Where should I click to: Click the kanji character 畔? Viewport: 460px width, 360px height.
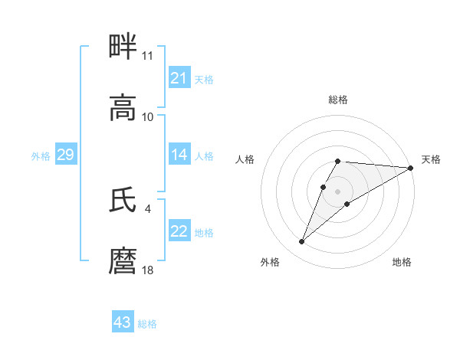pyautogui.click(x=123, y=47)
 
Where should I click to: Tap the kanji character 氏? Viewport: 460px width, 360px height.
pyautogui.click(x=123, y=201)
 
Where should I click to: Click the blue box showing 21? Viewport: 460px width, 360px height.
pyautogui.click(x=179, y=78)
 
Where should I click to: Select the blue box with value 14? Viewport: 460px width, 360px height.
pyautogui.click(x=179, y=155)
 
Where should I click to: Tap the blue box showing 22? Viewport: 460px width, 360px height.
pyautogui.click(x=179, y=231)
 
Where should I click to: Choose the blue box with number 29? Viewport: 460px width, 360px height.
pyautogui.click(x=65, y=155)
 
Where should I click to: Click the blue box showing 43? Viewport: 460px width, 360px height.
pyautogui.click(x=123, y=322)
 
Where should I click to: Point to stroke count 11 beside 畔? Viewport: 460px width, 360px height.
pyautogui.click(x=147, y=56)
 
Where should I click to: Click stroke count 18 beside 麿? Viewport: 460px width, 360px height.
pyautogui.click(x=147, y=270)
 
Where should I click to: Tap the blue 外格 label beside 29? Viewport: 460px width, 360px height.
pyautogui.click(x=41, y=156)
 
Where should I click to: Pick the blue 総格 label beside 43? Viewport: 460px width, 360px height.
pyautogui.click(x=147, y=324)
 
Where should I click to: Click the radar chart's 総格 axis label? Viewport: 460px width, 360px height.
pyautogui.click(x=337, y=100)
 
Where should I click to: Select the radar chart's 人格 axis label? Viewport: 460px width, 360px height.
pyautogui.click(x=245, y=159)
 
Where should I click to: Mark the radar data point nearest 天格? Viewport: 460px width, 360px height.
pyautogui.click(x=411, y=168)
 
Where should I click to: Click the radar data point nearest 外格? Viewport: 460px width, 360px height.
pyautogui.click(x=301, y=242)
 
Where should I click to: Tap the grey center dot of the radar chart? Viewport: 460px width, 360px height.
pyautogui.click(x=337, y=191)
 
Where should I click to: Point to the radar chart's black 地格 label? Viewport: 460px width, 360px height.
pyautogui.click(x=402, y=262)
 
